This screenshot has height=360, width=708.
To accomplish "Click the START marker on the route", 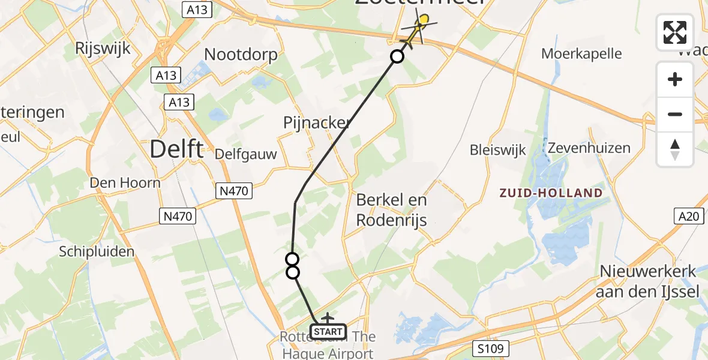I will pyautogui.click(x=328, y=331).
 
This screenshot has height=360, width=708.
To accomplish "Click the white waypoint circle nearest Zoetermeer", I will pyautogui.click(x=397, y=57).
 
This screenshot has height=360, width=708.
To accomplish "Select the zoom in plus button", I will pyautogui.click(x=675, y=80).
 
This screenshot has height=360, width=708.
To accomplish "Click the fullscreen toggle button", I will pyautogui.click(x=675, y=32).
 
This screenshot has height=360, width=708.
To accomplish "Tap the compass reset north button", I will pyautogui.click(x=675, y=149).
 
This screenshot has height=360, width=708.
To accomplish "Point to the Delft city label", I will pyautogui.click(x=176, y=149).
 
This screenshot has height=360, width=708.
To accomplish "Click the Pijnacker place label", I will pyautogui.click(x=317, y=123).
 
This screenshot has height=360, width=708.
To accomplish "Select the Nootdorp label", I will pyautogui.click(x=241, y=55).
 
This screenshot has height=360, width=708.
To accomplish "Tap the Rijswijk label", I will pyautogui.click(x=103, y=49).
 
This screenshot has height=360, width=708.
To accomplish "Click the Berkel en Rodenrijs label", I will pyautogui.click(x=391, y=209).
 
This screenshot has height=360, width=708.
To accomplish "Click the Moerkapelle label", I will pyautogui.click(x=581, y=53).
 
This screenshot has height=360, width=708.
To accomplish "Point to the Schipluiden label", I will pyautogui.click(x=97, y=251).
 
